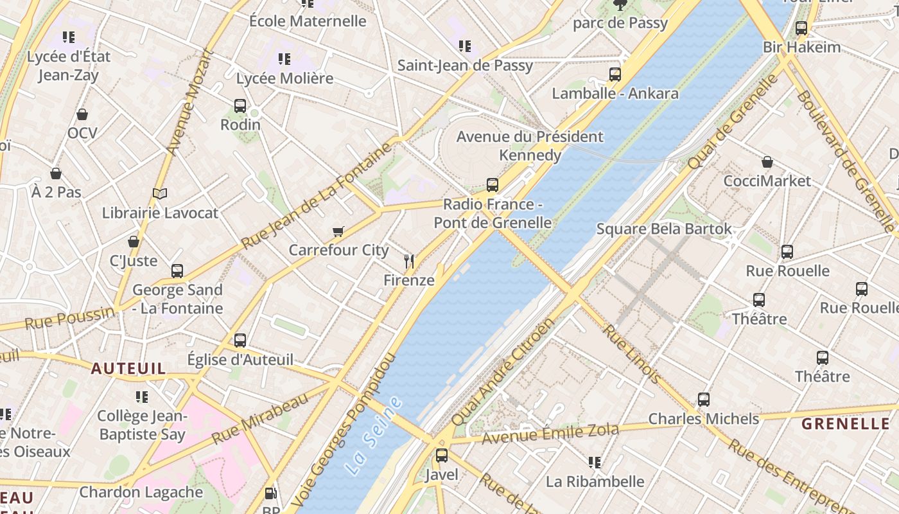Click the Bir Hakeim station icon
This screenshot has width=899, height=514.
coord(801,28)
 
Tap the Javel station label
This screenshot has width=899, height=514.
coord(442,475)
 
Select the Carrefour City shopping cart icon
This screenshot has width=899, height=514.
coord(338,231)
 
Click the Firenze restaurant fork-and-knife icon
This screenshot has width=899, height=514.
coord(409,261)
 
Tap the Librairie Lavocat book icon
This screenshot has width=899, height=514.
coord(160,193)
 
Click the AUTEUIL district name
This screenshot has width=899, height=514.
coord(128,369)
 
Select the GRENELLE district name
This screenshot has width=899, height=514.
coord(846,423)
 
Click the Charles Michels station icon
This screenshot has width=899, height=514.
coord(704,400)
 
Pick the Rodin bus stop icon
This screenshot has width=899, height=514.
coord(240,105)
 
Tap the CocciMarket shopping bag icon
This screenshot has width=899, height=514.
coord(767,162)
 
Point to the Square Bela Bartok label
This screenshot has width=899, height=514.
coord(664,229)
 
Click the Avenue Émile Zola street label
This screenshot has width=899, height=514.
coord(550,434)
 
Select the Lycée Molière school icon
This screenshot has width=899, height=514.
coord(284,59)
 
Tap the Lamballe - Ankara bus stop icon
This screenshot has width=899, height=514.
coord(615,75)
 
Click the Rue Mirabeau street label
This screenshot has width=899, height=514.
coord(259,419)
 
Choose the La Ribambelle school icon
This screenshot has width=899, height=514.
coord(595,462)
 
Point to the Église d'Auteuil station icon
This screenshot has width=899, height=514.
coord(240,340)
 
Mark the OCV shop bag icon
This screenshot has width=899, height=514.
coord(82,114)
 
